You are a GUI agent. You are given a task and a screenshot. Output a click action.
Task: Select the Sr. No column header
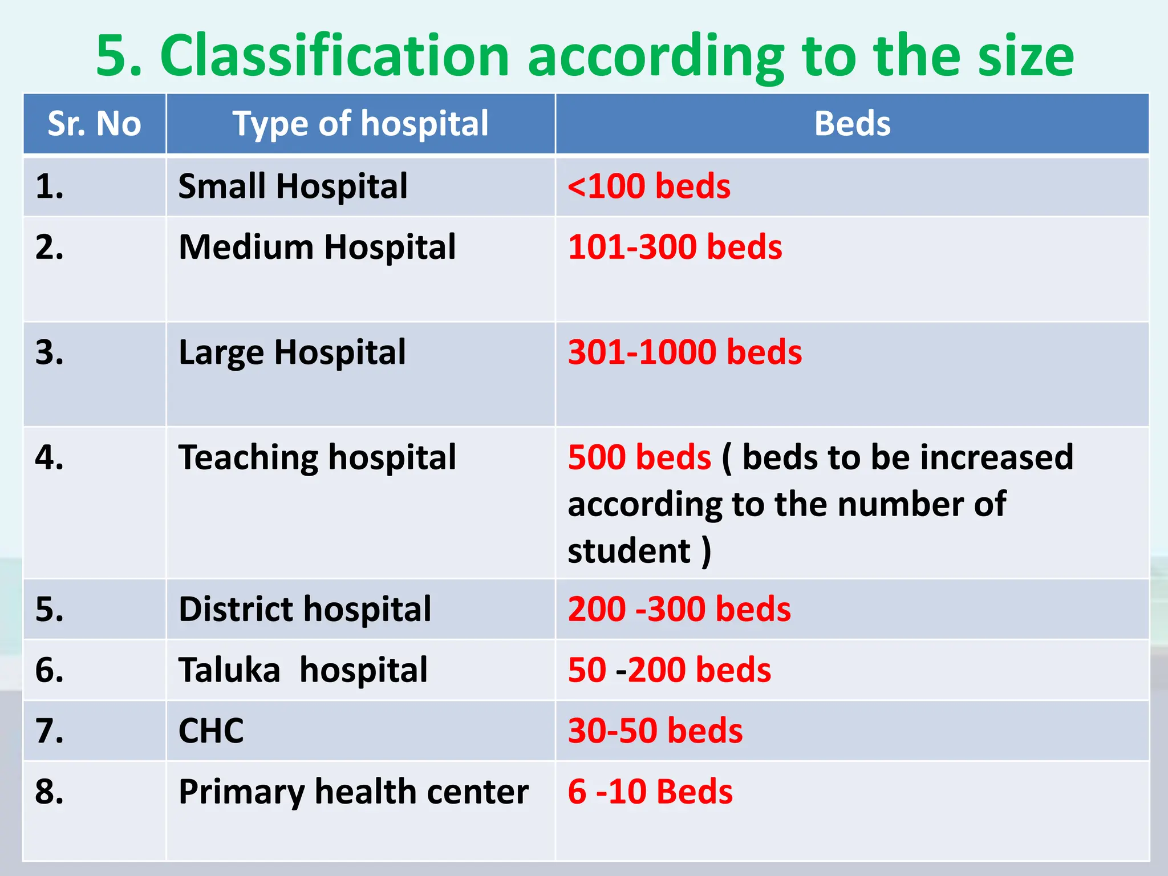point(94,123)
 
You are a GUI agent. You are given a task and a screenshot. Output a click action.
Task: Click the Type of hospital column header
point(360,123)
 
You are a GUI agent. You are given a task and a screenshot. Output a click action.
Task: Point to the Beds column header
point(852,123)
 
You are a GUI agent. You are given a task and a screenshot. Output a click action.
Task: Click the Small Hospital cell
point(293,186)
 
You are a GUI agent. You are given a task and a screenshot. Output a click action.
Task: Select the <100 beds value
point(649,186)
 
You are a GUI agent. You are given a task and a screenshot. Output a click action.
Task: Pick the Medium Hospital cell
point(317,247)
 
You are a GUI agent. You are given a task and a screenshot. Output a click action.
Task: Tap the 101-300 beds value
point(675,247)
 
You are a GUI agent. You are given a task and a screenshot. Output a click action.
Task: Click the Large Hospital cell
point(292,352)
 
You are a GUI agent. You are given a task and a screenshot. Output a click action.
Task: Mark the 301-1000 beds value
point(685,352)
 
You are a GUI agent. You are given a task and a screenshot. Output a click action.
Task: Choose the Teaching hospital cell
point(317,457)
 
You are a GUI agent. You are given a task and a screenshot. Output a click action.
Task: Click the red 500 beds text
point(639,457)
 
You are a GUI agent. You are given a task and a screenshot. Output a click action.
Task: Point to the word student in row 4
point(629,551)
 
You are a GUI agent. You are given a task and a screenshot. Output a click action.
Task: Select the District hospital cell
point(305,609)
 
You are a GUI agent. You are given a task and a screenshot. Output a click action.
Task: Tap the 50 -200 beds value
point(669,670)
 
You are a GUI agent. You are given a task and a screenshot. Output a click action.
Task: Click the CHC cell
point(211,731)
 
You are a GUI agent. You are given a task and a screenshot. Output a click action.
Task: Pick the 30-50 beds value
point(655,731)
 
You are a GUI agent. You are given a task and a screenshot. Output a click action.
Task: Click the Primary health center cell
point(354,792)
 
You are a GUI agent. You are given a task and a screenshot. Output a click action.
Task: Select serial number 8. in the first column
point(49,792)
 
